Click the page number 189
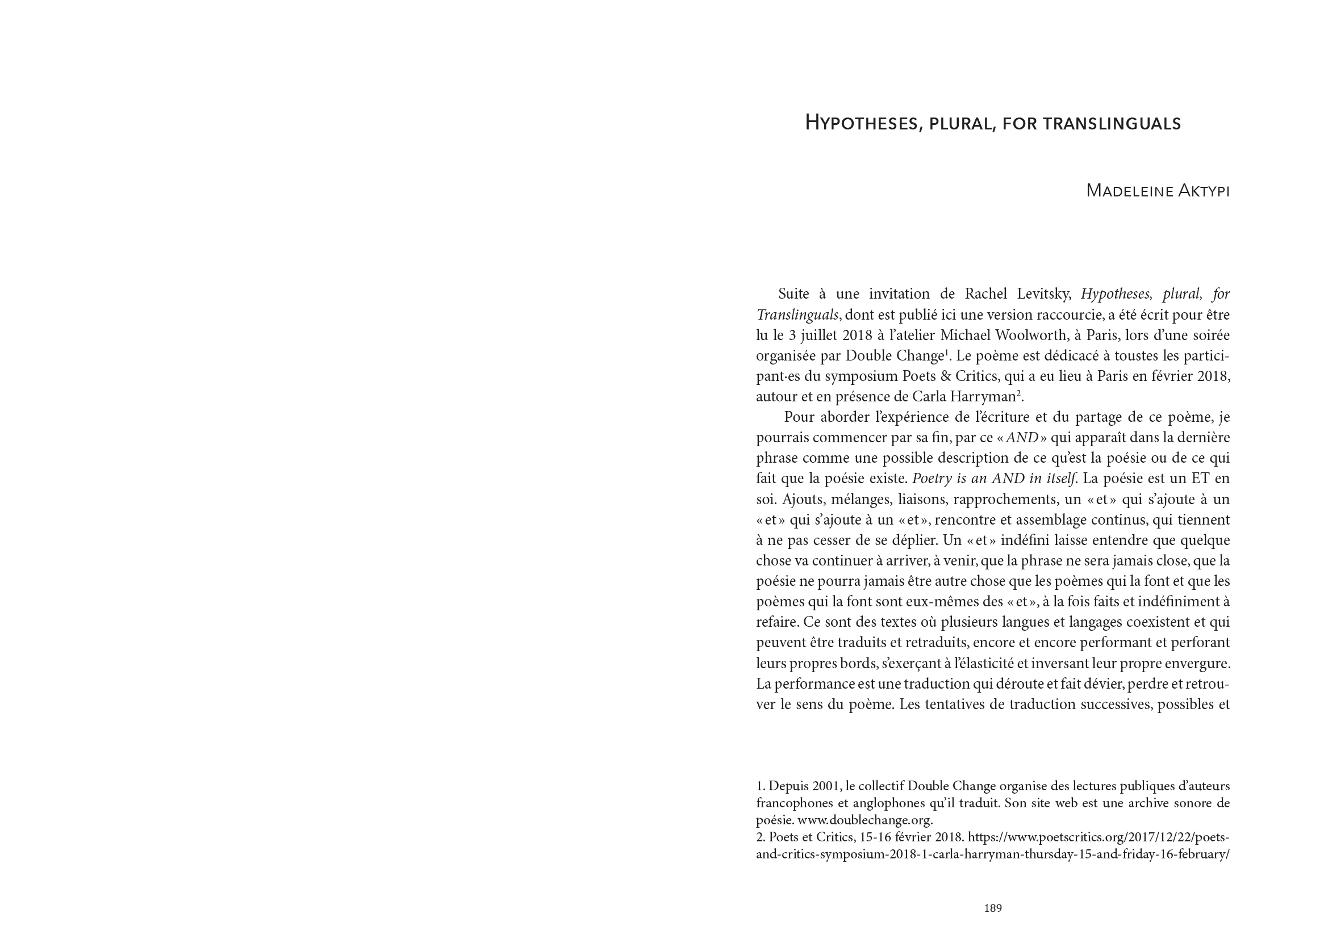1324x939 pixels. click(x=992, y=908)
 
